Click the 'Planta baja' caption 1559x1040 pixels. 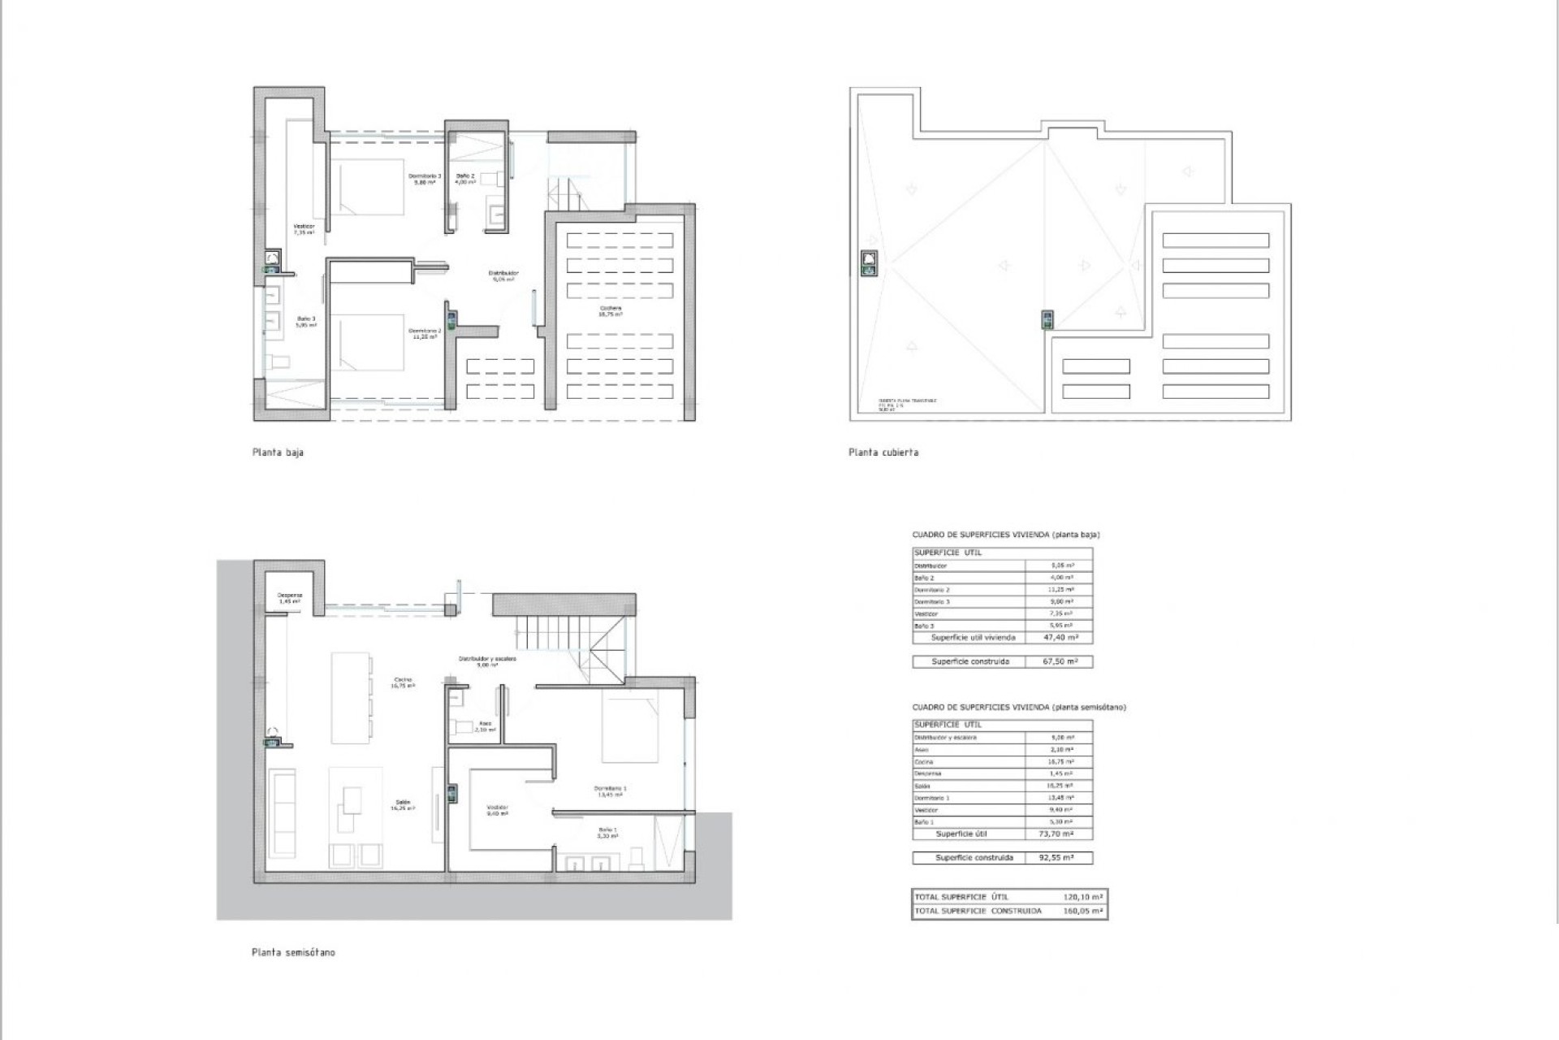278,453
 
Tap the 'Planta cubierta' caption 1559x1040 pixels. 883,453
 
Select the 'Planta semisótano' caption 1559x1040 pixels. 293,952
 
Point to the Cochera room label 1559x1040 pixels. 611,310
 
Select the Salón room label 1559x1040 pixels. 403,804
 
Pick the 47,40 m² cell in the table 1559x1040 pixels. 1059,638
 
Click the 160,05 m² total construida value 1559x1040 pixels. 1083,911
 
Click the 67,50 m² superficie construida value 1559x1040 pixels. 1059,661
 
